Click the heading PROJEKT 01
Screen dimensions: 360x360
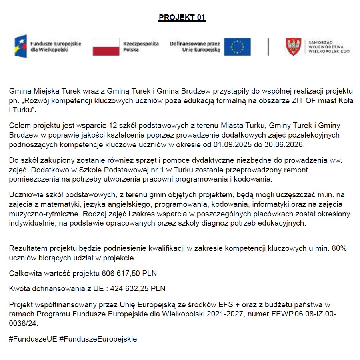click(x=182, y=18)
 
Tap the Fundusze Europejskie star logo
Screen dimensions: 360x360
click(x=20, y=46)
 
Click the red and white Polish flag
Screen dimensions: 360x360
click(x=106, y=46)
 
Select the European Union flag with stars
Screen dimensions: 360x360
click(x=237, y=46)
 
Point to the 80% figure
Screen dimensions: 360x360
click(x=339, y=248)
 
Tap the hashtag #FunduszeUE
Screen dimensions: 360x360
click(x=33, y=339)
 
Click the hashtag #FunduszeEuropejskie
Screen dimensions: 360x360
click(x=98, y=339)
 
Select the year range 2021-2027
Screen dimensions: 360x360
click(x=225, y=314)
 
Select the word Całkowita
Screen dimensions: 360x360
click(x=25, y=274)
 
